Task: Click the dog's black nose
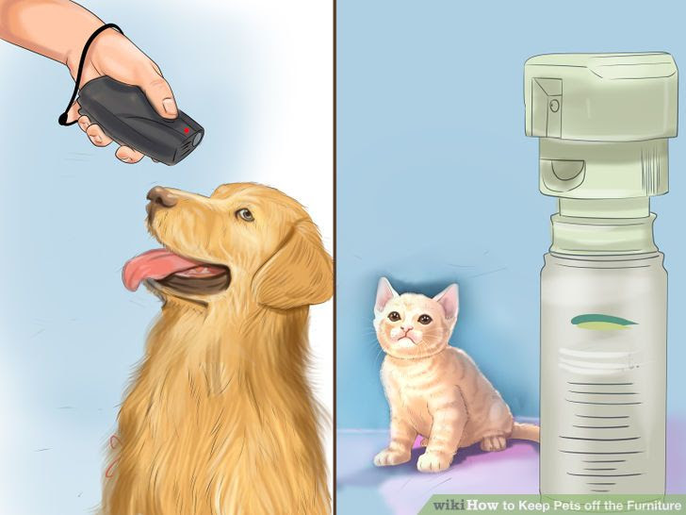click(x=161, y=196)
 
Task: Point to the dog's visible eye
click(x=245, y=215)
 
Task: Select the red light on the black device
click(x=187, y=128)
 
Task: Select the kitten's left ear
click(x=385, y=294)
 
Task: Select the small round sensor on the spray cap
click(x=554, y=106)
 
